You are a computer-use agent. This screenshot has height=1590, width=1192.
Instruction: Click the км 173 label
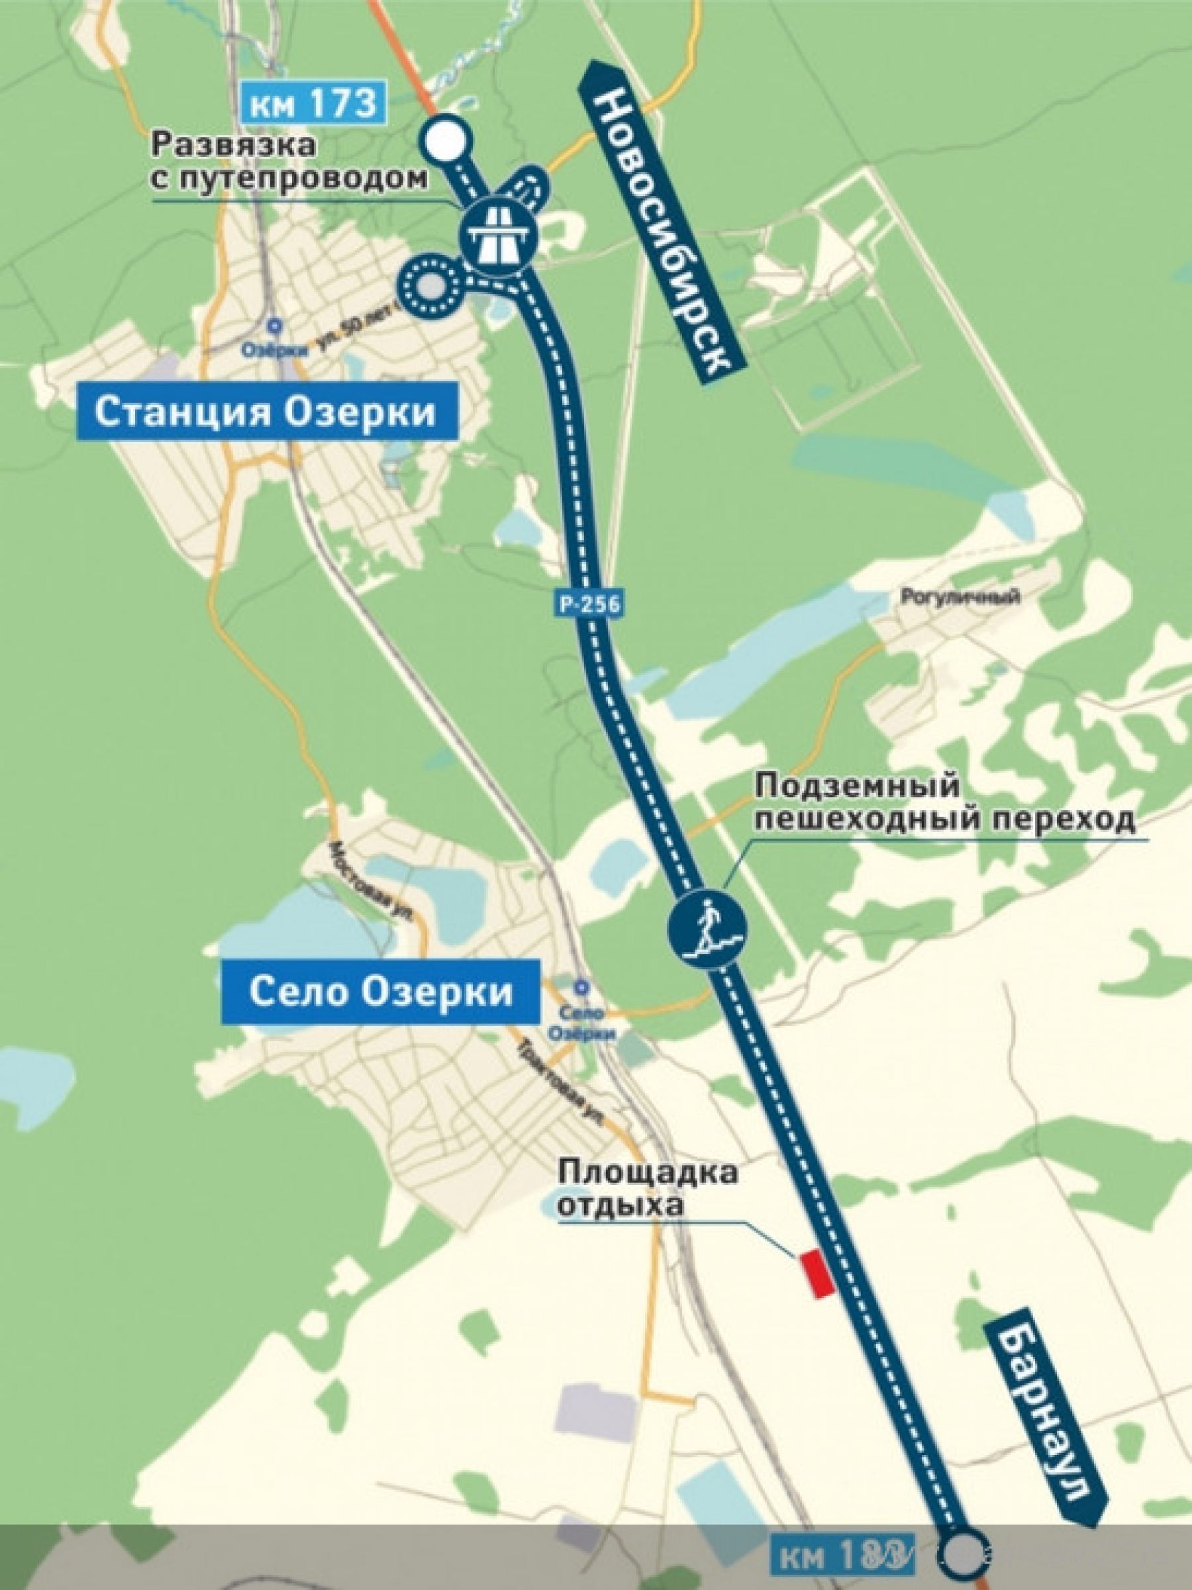[314, 103]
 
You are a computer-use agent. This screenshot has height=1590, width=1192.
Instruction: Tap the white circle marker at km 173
[444, 139]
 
